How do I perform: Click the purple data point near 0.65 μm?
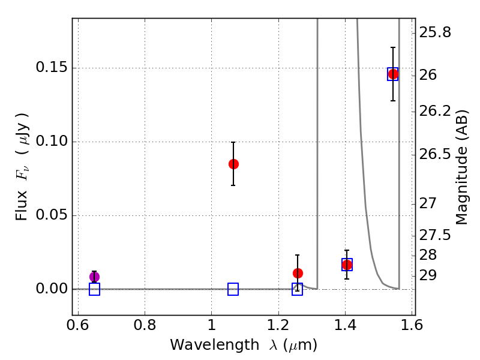click(94, 277)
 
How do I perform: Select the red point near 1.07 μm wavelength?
click(233, 164)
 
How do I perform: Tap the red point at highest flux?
click(393, 74)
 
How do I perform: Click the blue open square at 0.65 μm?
click(94, 289)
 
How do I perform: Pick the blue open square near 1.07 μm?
click(233, 289)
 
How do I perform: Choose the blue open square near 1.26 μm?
click(297, 289)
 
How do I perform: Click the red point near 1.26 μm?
click(298, 273)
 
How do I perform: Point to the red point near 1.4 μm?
click(347, 265)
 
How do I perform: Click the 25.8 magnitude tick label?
click(435, 32)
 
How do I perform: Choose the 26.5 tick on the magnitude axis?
click(435, 154)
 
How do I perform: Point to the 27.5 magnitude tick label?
click(435, 235)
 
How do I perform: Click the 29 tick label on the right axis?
click(428, 275)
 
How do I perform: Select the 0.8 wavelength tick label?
click(145, 325)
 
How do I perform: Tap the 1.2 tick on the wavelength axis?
click(278, 325)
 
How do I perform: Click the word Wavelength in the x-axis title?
click(215, 346)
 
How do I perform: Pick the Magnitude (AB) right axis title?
click(462, 167)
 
